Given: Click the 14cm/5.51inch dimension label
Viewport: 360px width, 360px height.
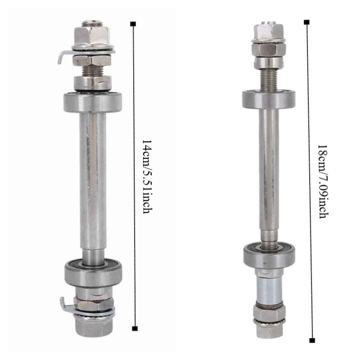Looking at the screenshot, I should (145, 176).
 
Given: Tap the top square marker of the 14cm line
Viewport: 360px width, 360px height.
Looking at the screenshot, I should (134, 24).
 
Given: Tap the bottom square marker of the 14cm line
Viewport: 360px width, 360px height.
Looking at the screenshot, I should (135, 328).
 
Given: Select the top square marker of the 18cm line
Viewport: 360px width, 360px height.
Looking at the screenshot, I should (306, 22).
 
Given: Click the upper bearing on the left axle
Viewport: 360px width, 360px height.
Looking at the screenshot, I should (92, 102).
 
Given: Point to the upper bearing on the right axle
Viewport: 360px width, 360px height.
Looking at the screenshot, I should (269, 99).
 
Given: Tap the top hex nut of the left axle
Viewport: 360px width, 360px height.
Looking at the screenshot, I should (91, 35).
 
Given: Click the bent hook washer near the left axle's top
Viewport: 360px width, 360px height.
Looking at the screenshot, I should (63, 57).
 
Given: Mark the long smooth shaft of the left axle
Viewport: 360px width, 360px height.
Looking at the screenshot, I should (93, 180).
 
